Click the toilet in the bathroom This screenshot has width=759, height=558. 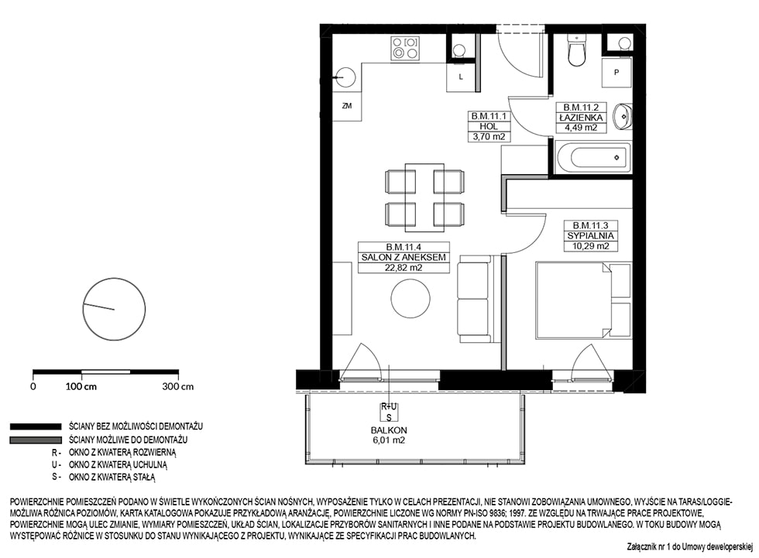click(x=576, y=50)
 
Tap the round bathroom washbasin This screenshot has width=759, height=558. click(x=622, y=117)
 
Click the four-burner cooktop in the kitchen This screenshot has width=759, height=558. click(x=405, y=48)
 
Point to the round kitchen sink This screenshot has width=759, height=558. click(x=345, y=77)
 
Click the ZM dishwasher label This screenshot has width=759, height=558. click(x=347, y=106)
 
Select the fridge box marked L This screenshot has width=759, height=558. click(x=460, y=77)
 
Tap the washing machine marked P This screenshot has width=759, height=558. click(x=616, y=73)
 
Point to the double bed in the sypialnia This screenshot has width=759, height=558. click(x=583, y=300)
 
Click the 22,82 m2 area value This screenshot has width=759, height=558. click(x=404, y=268)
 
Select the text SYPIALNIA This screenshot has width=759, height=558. click(x=590, y=235)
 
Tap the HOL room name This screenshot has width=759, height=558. click(x=489, y=126)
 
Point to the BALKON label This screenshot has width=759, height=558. click(x=389, y=430)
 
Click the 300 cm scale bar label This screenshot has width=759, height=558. click(x=178, y=387)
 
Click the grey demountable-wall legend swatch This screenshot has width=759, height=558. click(x=36, y=440)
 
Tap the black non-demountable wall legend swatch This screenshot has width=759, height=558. click(x=36, y=426)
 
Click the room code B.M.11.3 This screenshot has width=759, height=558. click(x=590, y=225)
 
